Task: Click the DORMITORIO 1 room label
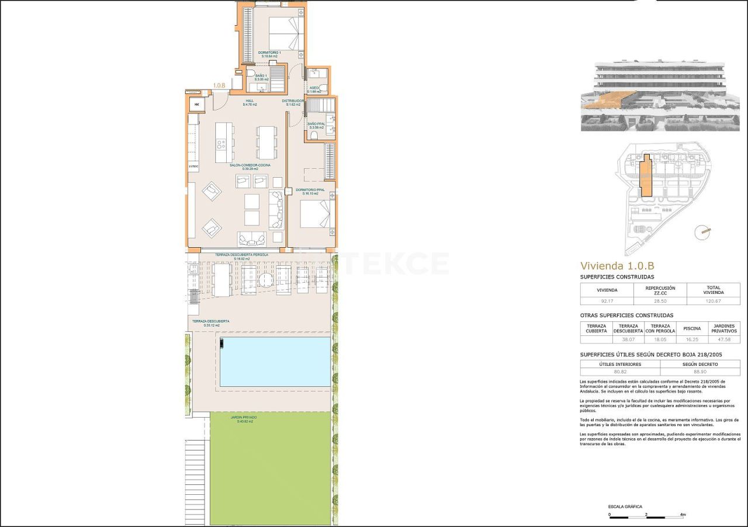[269, 53]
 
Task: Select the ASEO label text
[314, 88]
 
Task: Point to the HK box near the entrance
[197, 105]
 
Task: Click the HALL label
[249, 101]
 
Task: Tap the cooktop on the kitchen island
[221, 143]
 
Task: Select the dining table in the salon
[266, 143]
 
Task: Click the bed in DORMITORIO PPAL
[316, 214]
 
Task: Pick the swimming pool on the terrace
[273, 362]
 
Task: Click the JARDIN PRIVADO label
[243, 418]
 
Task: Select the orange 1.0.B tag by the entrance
[220, 85]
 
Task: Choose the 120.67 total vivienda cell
[713, 301]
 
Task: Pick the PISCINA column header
[692, 328]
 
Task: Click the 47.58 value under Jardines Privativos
[723, 339]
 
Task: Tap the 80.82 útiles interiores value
[619, 371]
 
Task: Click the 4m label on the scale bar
[683, 515]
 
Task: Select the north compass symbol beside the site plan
[702, 232]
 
